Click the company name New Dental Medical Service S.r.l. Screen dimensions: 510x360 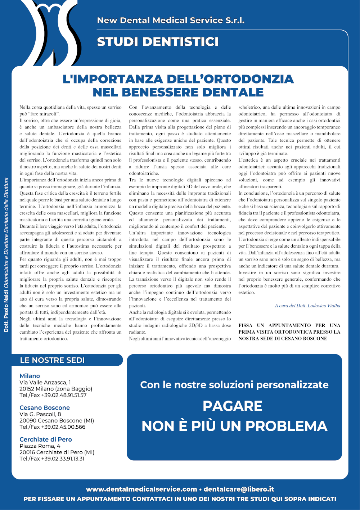point(171,21)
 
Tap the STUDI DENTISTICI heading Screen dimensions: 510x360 point(158,42)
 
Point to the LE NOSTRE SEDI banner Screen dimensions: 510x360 point(53,360)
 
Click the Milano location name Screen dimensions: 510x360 point(30,376)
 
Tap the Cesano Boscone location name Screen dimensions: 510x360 point(45,408)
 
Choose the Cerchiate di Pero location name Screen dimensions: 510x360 point(46,439)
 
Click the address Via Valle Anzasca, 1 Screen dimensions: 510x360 point(45,382)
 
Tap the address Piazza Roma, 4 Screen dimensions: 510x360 point(40,446)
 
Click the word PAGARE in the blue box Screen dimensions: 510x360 point(233,406)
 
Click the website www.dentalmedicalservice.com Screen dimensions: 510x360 point(141,489)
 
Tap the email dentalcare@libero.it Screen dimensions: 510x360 point(239,489)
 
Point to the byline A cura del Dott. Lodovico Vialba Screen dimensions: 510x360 point(307,306)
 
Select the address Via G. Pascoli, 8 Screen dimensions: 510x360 point(40,414)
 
